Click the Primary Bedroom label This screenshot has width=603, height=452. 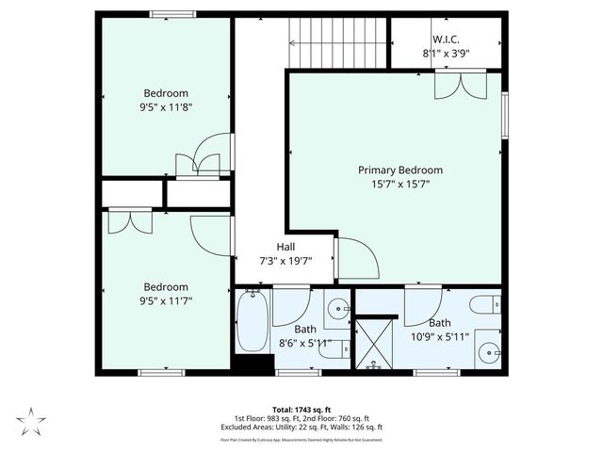[x=399, y=170]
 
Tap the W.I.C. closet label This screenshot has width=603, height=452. [x=446, y=40]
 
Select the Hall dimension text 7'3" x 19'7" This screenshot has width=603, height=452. [x=285, y=261]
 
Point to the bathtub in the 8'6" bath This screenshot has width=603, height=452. [x=253, y=322]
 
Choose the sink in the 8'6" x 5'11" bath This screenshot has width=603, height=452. [x=338, y=308]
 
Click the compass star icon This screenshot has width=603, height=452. [x=30, y=420]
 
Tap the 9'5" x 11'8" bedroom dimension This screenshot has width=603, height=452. [x=166, y=107]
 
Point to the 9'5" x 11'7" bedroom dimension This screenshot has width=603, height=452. [x=166, y=301]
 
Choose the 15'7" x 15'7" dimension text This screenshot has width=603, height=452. [x=399, y=185]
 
